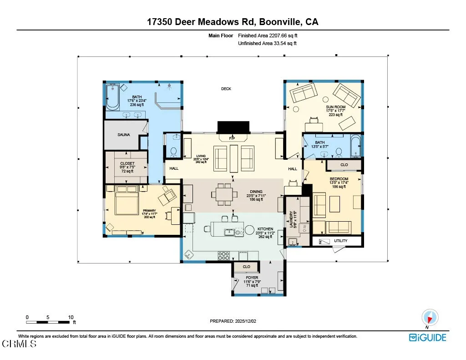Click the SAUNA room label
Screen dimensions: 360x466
(123, 135)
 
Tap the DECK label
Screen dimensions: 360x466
(226, 89)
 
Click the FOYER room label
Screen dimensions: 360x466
(252, 278)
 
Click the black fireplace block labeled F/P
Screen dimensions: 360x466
(233, 127)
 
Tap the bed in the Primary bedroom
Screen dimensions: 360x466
(127, 200)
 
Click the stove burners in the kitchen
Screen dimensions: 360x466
(223, 256)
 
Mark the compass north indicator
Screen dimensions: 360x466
(430, 317)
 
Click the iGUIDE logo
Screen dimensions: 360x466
(427, 337)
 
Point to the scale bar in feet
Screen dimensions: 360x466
(49, 322)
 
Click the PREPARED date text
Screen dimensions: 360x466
(233, 321)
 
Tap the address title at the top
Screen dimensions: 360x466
(233, 22)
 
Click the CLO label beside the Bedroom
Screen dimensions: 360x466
(344, 165)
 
